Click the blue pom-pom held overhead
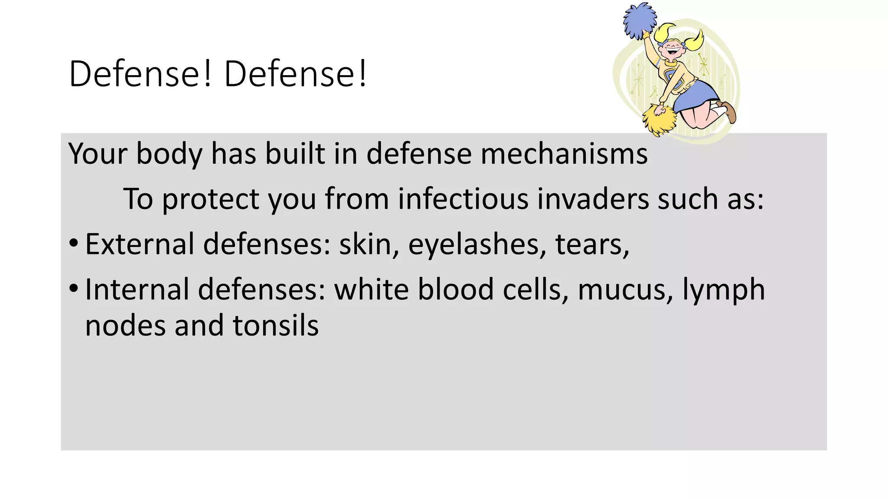point(640,20)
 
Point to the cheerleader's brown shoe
point(729,112)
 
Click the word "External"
point(140,244)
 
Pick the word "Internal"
point(137,289)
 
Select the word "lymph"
point(724,290)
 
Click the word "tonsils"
point(276,326)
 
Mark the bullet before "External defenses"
point(74,243)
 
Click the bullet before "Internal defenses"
point(74,288)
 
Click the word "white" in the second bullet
point(371,289)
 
